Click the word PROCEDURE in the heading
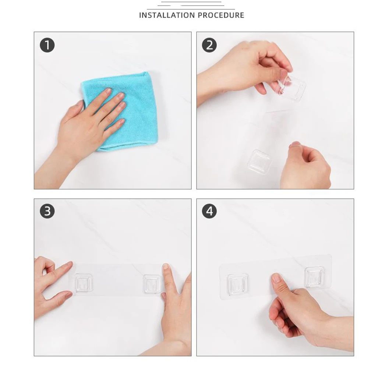tap(221, 15)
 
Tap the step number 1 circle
tap(47, 45)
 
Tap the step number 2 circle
tap(209, 45)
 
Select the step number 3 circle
tap(47, 211)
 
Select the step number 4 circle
tap(209, 211)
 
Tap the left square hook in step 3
tap(83, 283)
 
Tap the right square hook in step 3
tap(152, 284)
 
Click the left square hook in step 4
tap(237, 284)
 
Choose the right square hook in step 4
tap(315, 277)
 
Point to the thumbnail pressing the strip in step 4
tap(276, 279)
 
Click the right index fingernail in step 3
tap(166, 267)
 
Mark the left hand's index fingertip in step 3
tap(70, 264)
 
